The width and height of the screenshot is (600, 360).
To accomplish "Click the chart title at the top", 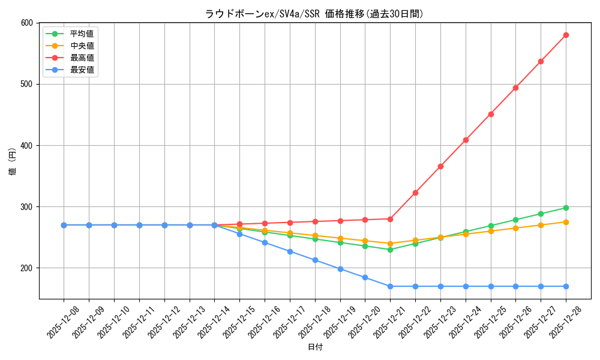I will (314, 14).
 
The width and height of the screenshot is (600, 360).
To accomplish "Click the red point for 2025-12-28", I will (566, 35).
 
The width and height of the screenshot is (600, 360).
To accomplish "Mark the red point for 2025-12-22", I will (415, 193).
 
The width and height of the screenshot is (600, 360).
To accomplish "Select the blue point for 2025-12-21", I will (390, 286).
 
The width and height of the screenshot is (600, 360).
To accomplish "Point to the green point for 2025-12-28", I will (566, 208).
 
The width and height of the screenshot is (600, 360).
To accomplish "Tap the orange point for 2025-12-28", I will (566, 222).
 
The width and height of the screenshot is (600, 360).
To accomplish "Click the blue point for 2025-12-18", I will (315, 260).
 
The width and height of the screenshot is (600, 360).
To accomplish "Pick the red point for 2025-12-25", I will (491, 114).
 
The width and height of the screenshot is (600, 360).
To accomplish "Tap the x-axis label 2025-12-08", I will (62, 322).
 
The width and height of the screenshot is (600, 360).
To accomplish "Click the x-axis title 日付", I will (315, 347).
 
